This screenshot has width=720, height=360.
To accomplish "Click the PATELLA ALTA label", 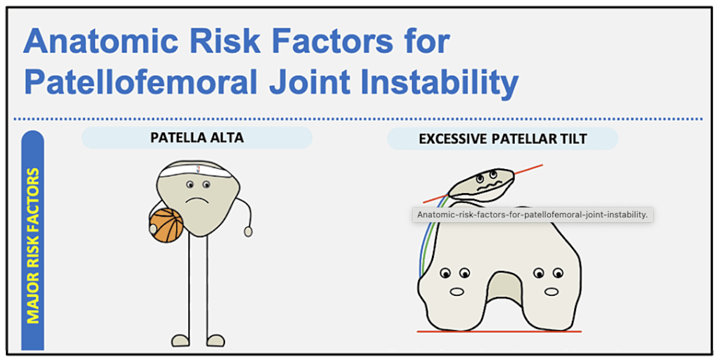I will (x=197, y=138).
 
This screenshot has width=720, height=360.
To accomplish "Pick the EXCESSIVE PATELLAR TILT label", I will (x=503, y=139).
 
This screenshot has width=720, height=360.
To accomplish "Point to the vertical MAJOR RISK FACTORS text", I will (x=33, y=246).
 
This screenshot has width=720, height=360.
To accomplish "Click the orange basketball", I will (x=166, y=226).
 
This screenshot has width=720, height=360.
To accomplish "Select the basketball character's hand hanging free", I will (x=248, y=231).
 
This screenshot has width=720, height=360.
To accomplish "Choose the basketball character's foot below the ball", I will (x=181, y=340).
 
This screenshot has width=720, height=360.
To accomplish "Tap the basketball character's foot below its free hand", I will (x=215, y=340).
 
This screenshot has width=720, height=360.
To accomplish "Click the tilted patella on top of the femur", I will (x=481, y=184).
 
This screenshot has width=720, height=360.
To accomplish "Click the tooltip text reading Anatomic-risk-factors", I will (x=532, y=215).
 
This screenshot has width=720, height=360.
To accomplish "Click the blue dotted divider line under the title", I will (x=360, y=119).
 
